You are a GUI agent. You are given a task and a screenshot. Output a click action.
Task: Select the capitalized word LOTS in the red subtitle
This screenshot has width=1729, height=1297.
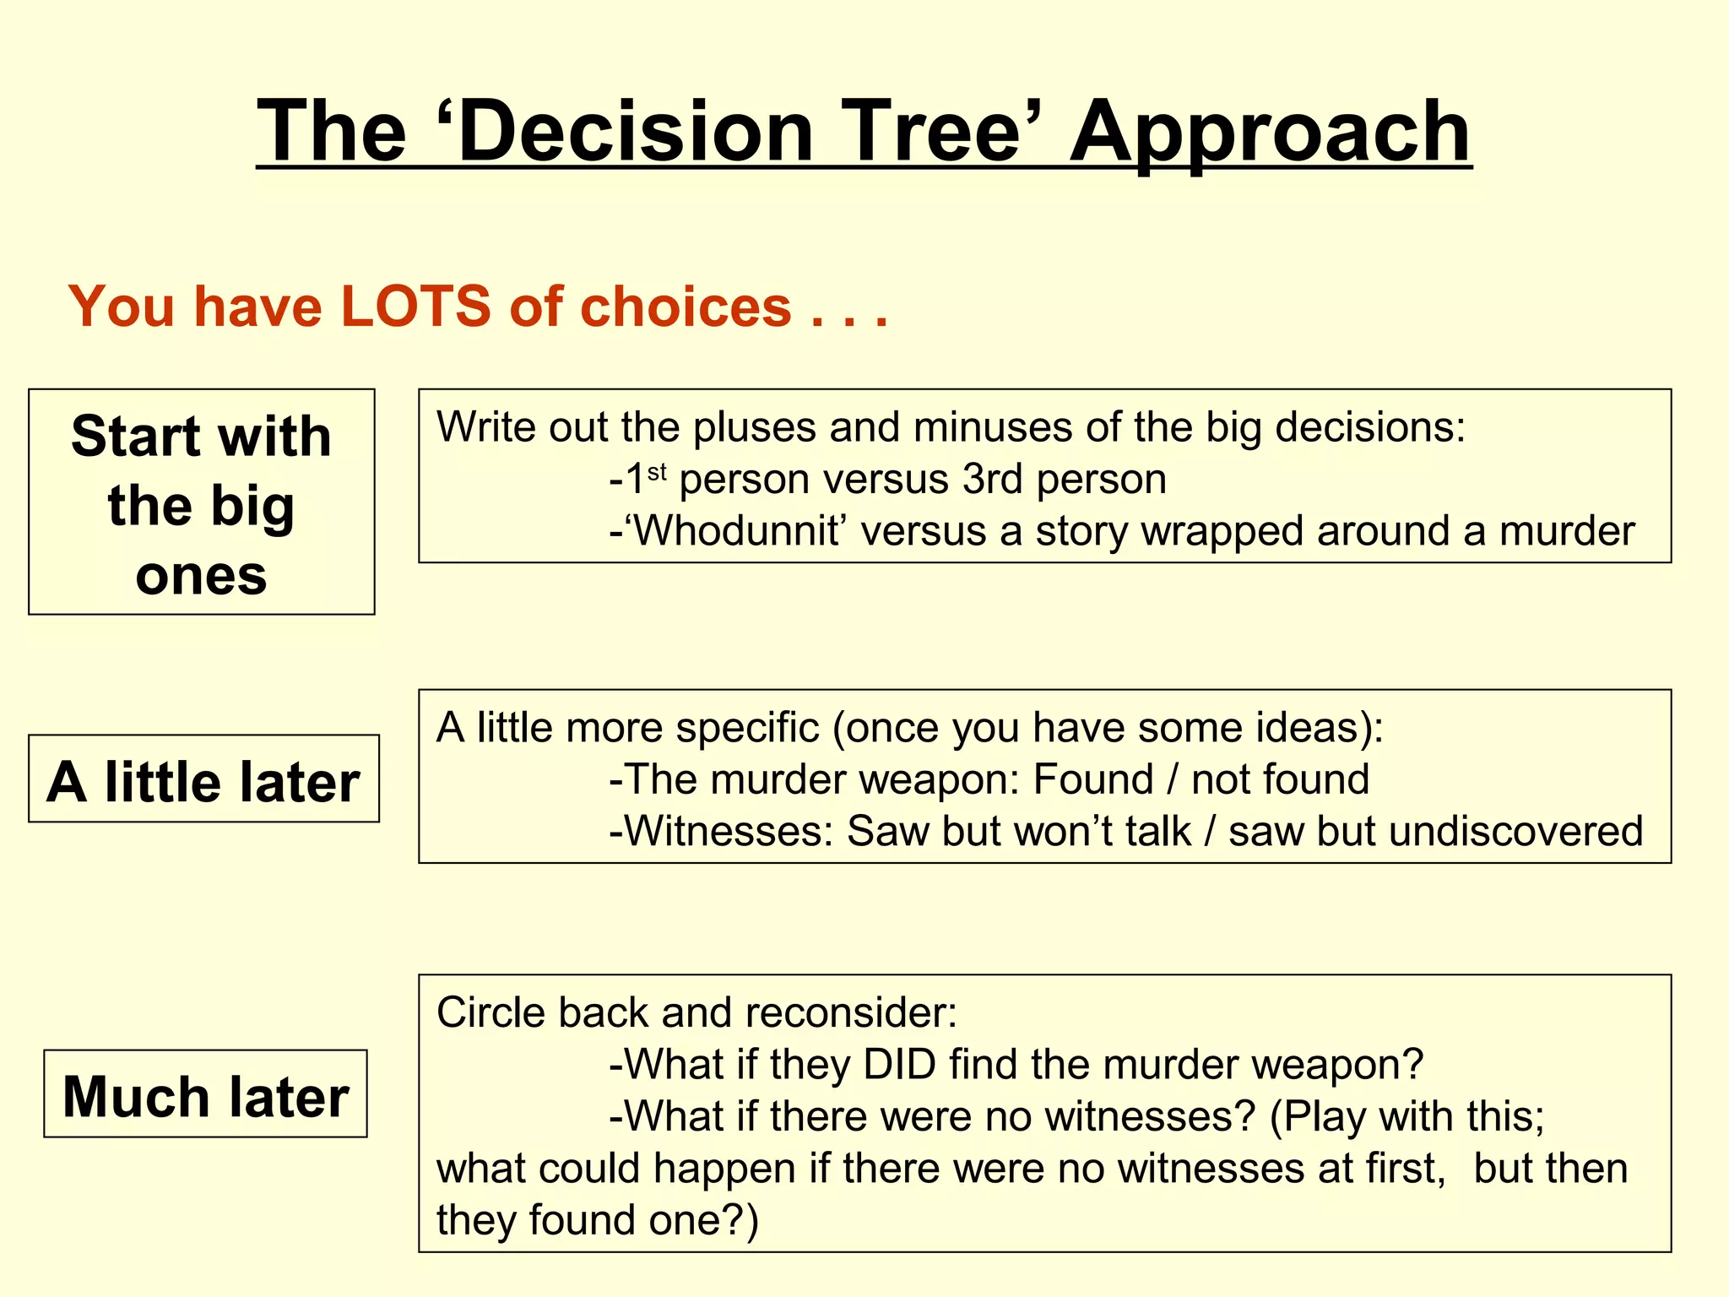pyautogui.click(x=415, y=306)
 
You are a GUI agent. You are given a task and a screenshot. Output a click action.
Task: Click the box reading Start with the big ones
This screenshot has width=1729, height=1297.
pyautogui.click(x=201, y=502)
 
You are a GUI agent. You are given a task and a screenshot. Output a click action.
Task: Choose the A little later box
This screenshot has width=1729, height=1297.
pyautogui.click(x=203, y=779)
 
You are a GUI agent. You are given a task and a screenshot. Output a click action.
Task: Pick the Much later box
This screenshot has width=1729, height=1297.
pyautogui.click(x=205, y=1094)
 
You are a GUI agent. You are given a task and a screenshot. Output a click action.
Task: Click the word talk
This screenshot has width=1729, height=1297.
pyautogui.click(x=1157, y=832)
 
